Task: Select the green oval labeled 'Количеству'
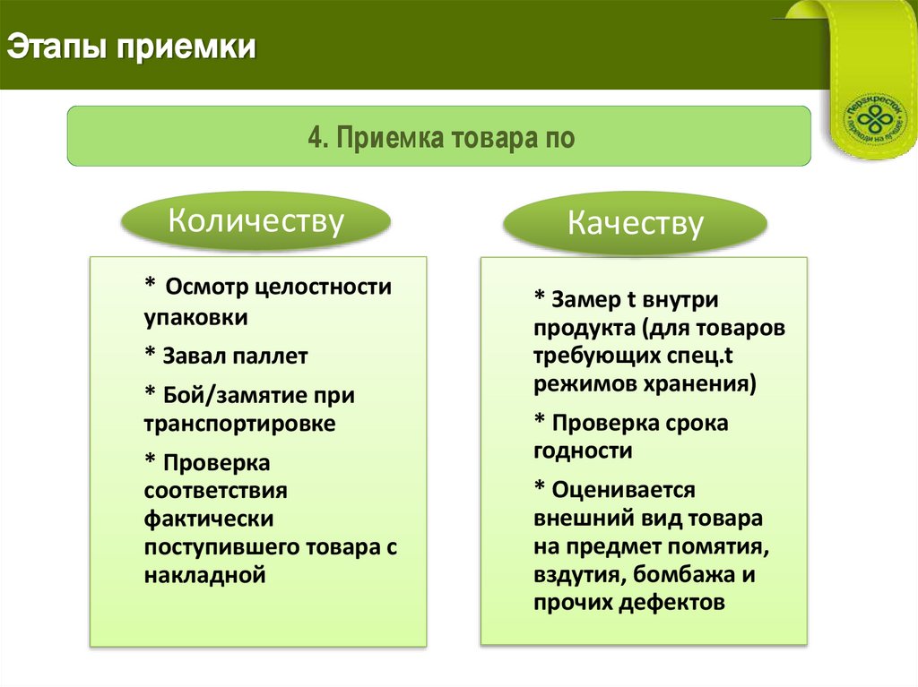[256, 220]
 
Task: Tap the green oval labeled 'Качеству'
[635, 223]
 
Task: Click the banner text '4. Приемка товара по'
[440, 138]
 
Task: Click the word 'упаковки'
[195, 317]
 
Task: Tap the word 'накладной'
[204, 575]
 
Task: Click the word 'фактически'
[208, 519]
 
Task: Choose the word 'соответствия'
[215, 491]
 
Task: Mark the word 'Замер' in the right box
[583, 299]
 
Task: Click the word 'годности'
[583, 451]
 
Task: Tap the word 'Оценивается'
[624, 491]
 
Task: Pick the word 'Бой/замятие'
[225, 395]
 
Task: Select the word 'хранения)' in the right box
[702, 385]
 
